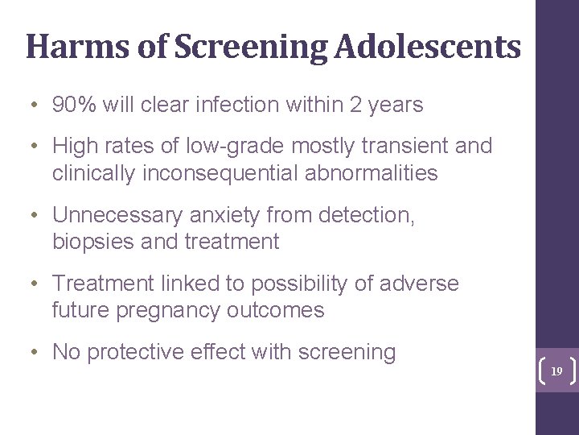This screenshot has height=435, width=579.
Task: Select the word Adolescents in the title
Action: [428, 47]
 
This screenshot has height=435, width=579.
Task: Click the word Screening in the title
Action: [250, 47]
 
